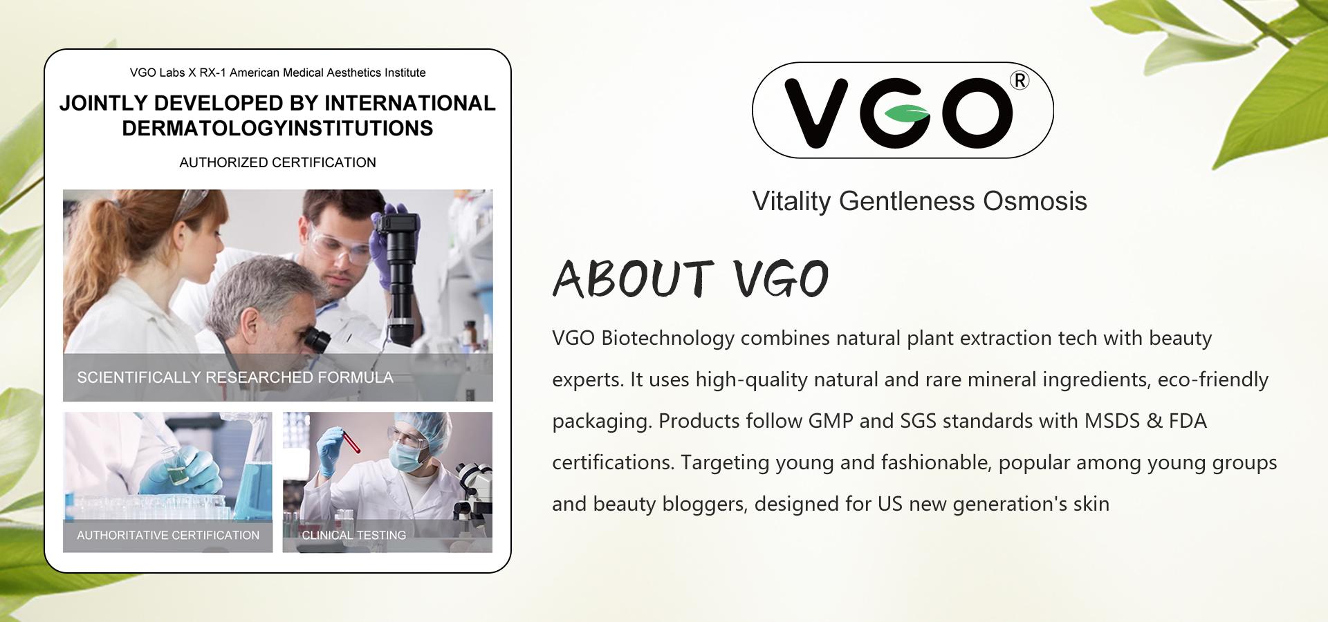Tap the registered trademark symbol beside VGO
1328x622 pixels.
click(1020, 81)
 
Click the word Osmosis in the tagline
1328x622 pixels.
click(1035, 201)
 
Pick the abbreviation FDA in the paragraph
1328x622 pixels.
click(1188, 421)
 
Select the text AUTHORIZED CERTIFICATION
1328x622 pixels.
click(277, 162)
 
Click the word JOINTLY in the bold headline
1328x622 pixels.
click(102, 103)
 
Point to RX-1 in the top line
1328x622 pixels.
click(213, 73)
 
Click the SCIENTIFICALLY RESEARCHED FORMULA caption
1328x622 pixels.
click(234, 377)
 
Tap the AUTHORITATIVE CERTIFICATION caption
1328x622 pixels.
click(168, 535)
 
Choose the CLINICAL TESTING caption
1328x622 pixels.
click(353, 535)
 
